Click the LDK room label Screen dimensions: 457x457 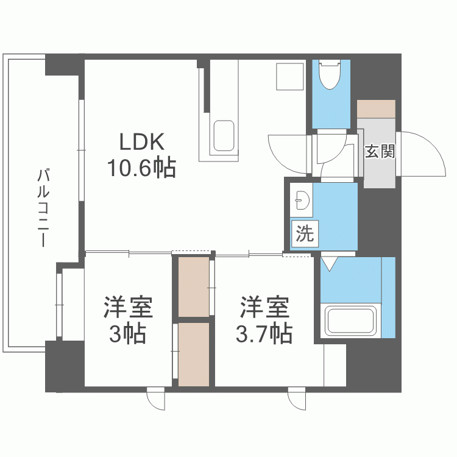(141, 143)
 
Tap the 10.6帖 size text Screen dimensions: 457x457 (141, 167)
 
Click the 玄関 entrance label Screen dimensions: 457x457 (380, 151)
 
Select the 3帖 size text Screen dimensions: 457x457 (127, 333)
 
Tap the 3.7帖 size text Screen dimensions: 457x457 (263, 333)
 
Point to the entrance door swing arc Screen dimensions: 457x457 (423, 152)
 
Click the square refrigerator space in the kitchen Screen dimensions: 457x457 (289, 78)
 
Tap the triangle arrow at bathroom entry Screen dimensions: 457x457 (329, 264)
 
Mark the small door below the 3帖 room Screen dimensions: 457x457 (156, 399)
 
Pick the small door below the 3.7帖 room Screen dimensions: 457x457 (297, 399)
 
